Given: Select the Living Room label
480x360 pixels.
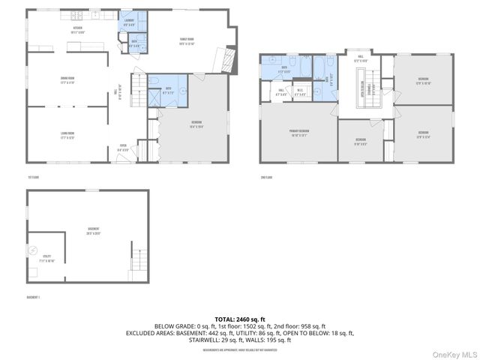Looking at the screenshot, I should coord(72,136).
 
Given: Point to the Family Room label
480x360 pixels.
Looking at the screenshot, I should coord(185,41).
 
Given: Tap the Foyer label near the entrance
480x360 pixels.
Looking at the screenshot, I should coord(124,148).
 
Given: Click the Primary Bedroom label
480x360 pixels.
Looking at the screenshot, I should coord(300,132).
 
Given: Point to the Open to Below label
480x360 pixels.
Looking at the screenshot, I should coord(363,89).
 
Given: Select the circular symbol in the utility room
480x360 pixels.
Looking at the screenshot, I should coord(32,250).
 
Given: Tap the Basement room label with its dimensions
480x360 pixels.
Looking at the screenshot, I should coord(93,230).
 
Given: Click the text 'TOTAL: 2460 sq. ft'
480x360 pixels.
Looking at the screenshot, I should coord(240,319).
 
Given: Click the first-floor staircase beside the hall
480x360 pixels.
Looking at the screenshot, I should coord(139,94).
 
